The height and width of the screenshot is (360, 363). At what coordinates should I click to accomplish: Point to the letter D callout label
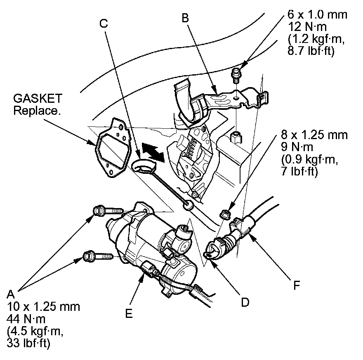point(245,302)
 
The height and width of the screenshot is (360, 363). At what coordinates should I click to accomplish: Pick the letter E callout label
point(129,314)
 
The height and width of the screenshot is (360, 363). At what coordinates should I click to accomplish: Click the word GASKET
point(38,99)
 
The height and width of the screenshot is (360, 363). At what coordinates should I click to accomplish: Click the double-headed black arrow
point(152,152)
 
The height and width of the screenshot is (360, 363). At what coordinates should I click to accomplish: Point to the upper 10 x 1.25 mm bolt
point(108,211)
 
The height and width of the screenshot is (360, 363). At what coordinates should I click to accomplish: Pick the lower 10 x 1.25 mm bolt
point(98,256)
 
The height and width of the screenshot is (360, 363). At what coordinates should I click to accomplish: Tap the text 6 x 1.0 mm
point(317,15)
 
